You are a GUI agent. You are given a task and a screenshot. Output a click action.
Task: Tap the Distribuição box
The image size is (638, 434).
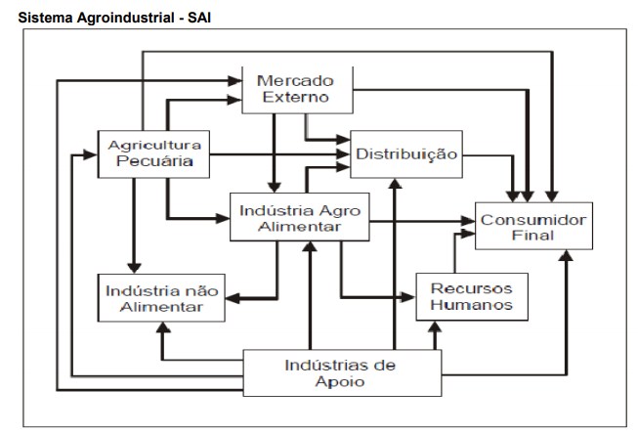tap(405, 153)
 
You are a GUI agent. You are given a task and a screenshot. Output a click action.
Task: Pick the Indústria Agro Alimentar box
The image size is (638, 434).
tap(298, 218)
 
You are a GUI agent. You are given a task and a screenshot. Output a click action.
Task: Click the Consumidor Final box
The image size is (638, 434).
tap(532, 227)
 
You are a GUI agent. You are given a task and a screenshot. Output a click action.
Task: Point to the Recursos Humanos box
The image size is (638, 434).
tap(472, 296)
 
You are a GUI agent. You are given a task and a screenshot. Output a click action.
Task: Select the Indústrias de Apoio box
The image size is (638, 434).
tap(340, 373)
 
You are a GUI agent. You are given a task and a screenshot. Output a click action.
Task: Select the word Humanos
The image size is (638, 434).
tap(472, 306)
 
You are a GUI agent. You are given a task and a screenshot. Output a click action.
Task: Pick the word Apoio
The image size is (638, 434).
tap(340, 383)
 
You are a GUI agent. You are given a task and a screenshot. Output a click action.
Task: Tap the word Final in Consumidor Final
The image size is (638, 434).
tap(532, 237)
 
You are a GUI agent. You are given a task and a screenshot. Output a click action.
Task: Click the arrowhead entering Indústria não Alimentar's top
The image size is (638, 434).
tap(134, 268)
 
